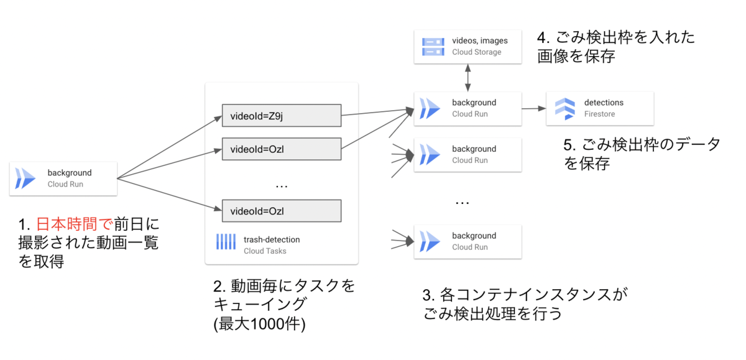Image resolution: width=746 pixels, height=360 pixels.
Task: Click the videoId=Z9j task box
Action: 282,115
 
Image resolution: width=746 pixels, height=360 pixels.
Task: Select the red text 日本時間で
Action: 73,224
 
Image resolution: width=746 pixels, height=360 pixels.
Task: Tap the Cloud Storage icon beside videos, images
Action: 433,47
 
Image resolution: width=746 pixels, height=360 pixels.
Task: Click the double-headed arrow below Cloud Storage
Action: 467,77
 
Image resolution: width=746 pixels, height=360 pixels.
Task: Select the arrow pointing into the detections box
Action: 532,108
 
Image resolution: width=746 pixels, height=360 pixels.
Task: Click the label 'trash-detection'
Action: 272,239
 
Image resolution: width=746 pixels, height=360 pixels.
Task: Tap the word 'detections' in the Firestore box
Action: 603,103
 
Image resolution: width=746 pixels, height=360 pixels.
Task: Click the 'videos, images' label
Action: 480,41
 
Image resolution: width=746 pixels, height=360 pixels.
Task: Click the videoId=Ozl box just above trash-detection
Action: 282,211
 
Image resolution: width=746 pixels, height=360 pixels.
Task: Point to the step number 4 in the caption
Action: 541,38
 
